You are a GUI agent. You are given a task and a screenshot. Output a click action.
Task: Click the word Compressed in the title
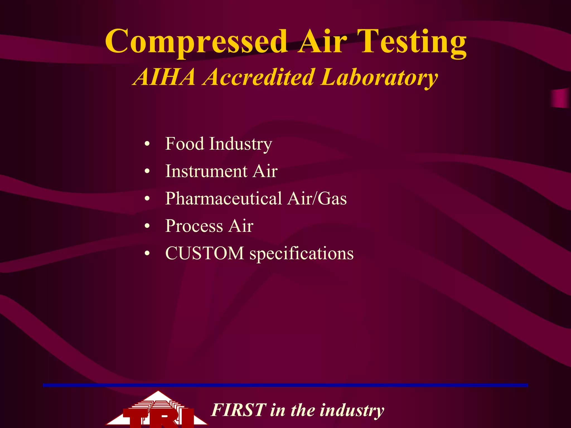pos(196,42)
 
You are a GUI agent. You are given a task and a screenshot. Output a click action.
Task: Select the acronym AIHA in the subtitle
pos(164,77)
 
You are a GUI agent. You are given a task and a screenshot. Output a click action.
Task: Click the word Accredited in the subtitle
pos(259,77)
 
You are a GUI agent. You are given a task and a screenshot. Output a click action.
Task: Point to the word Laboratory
pos(379,77)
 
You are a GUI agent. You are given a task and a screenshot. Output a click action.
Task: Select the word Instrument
pos(206,171)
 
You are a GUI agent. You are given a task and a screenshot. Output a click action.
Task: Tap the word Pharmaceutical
pos(224,198)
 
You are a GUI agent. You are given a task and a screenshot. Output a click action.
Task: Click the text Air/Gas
pos(317,198)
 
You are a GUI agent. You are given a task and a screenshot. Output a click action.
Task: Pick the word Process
pos(194,226)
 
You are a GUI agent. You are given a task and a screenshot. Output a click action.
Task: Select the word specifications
pos(301,254)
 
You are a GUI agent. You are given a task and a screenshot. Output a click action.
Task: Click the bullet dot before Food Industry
pos(147,144)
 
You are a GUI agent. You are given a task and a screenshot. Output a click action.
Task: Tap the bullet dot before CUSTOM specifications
pos(147,254)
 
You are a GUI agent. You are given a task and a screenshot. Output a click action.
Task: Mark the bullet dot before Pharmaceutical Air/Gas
pos(147,199)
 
